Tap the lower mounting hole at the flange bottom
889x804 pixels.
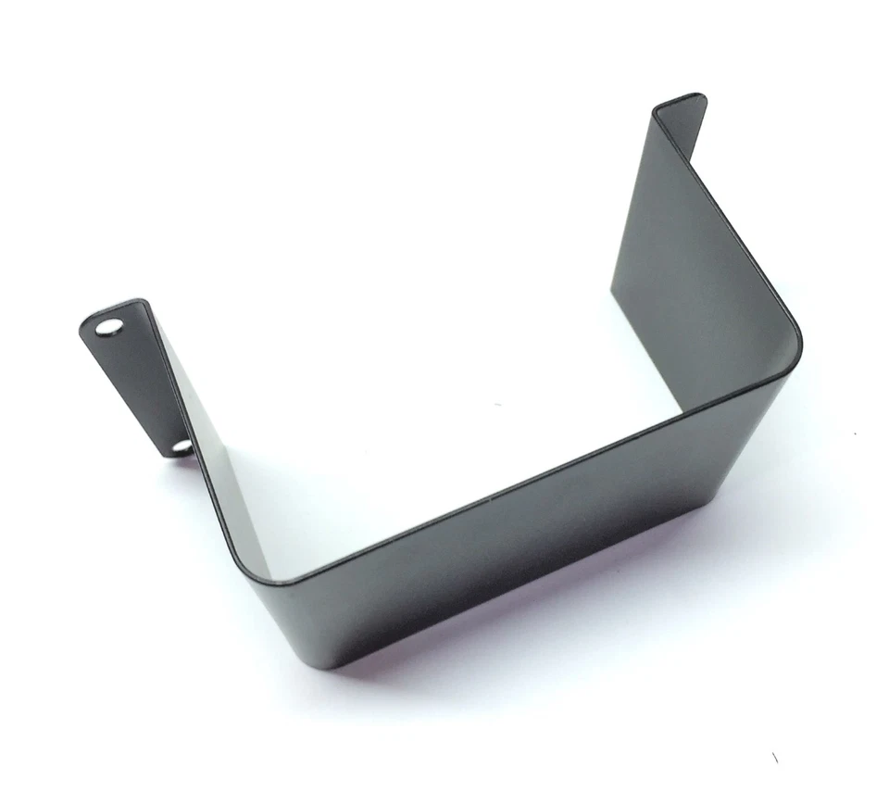coord(182,447)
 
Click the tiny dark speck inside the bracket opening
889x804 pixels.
coord(497,405)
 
